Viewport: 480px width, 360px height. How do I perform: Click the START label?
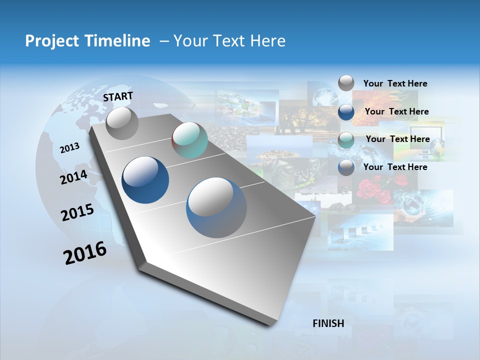coord(118,96)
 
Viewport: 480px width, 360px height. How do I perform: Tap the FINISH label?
coord(328,323)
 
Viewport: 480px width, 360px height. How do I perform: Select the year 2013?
coord(69,148)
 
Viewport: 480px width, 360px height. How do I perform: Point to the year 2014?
coord(73,177)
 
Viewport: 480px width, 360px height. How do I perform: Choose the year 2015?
coord(77,212)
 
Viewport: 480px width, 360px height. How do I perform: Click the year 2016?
coord(85,253)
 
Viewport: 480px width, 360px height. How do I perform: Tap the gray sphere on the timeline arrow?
coord(122,123)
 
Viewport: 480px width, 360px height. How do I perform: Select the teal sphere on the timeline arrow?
coord(189,140)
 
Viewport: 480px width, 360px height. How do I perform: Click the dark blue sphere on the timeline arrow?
coord(145,180)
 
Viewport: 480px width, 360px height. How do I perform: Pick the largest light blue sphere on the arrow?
coord(216,207)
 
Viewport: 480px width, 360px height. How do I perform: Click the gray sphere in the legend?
coord(346,83)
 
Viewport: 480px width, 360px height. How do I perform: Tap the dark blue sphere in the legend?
coord(346,111)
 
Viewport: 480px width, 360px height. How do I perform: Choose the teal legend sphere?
coord(346,140)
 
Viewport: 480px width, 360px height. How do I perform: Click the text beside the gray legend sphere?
coord(395,83)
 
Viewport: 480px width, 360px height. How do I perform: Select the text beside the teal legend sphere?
coord(397,139)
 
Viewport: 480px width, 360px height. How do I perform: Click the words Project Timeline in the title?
coord(87,41)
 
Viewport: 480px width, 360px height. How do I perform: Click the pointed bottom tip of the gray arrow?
coord(270,324)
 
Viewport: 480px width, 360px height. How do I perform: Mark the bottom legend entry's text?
coord(395,167)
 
